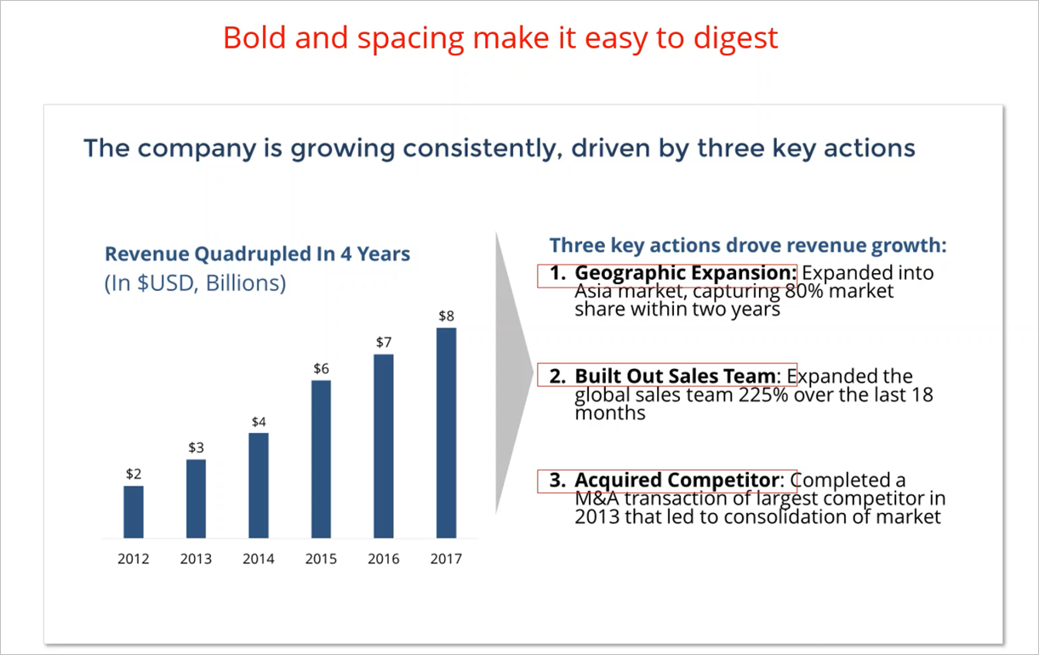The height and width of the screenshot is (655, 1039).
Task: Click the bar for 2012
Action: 134,512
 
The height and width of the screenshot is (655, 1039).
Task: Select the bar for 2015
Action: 321,458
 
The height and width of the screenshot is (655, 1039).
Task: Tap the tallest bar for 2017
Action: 446,433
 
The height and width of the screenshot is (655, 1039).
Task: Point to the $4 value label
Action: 259,422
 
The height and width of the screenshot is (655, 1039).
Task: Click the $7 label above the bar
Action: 384,343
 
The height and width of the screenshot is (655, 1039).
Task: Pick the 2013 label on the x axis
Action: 196,559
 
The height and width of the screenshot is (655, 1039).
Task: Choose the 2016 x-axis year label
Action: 384,559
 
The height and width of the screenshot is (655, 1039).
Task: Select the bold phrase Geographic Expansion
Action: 686,273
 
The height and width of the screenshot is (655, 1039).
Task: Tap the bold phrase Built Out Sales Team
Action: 675,376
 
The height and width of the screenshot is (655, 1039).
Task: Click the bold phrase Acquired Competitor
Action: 676,481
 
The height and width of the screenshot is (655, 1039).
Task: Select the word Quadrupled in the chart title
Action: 253,254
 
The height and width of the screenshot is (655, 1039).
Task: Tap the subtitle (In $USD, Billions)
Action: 195,283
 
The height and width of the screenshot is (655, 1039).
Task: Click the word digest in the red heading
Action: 736,39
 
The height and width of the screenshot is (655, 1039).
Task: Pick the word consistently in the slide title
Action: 482,149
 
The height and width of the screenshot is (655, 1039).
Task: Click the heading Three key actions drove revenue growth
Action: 748,246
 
